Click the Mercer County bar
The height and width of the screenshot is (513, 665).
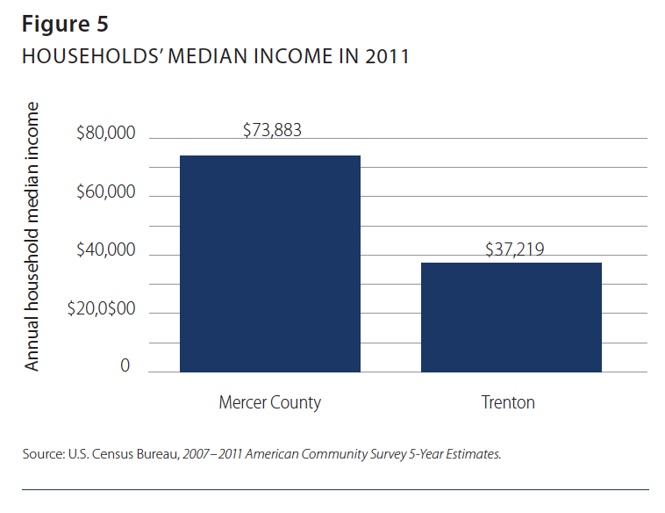[270, 264]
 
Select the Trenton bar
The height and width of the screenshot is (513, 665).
[511, 317]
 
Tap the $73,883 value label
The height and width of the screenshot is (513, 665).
[272, 131]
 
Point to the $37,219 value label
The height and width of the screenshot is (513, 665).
[515, 249]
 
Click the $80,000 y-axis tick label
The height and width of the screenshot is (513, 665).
[106, 134]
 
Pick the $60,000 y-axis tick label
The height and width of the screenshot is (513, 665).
[106, 192]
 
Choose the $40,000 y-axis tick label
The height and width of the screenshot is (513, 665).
[106, 250]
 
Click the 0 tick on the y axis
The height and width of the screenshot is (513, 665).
[125, 366]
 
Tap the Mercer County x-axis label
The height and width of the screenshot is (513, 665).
[270, 403]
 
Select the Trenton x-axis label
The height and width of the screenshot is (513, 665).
[508, 403]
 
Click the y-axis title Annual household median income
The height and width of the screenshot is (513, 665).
[32, 236]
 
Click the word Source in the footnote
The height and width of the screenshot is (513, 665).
[40, 455]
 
